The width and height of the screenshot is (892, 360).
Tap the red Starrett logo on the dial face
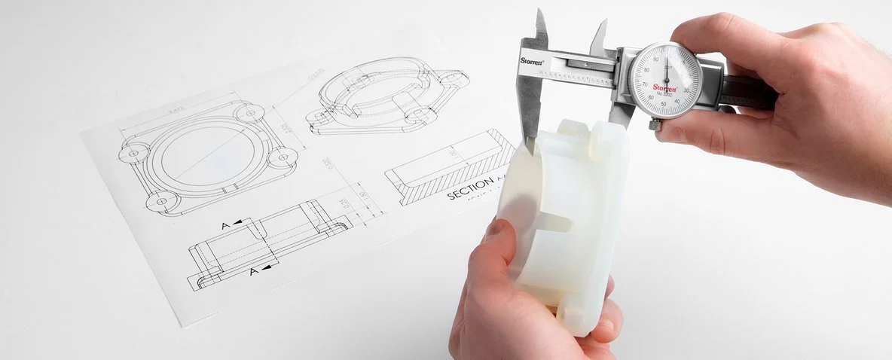664,87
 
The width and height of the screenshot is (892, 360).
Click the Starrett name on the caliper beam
531,60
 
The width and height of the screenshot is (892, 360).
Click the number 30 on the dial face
686,90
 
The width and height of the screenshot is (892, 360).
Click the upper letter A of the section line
226,225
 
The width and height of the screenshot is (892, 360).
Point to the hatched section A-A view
449,166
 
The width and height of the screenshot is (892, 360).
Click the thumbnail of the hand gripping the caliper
670,135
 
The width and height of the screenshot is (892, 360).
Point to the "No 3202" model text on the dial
665,95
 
